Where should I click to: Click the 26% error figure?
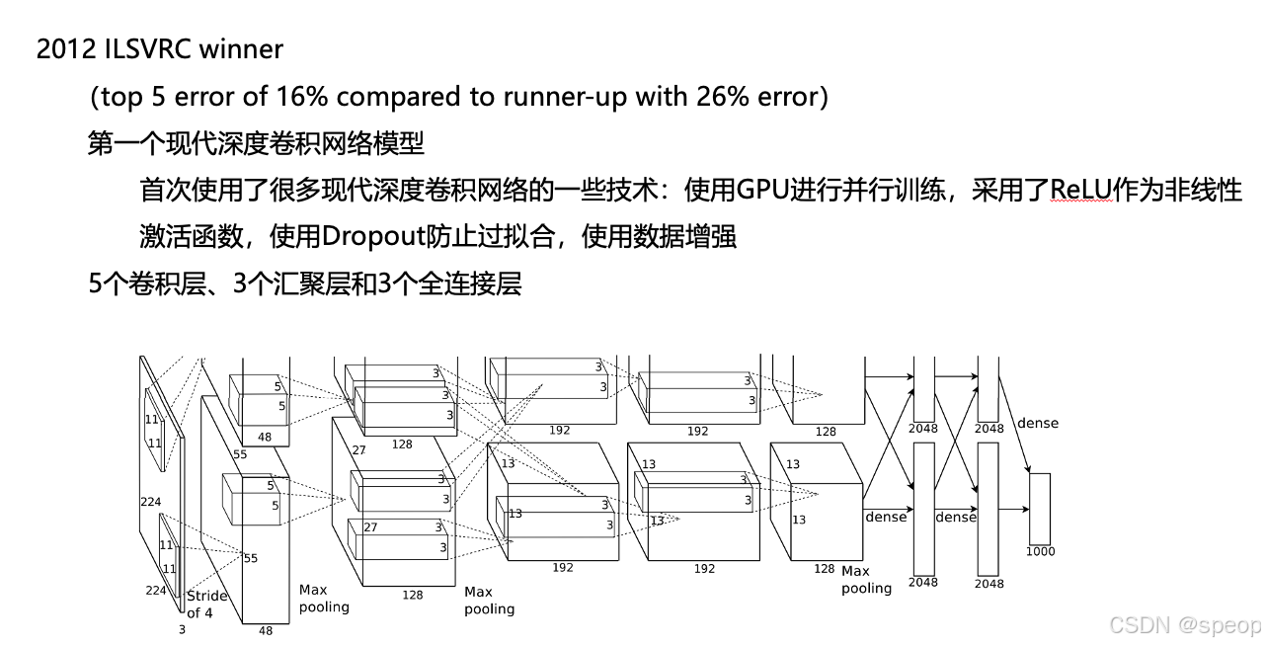click(720, 97)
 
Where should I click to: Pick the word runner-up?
click(567, 97)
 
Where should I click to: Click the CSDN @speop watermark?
click(1184, 625)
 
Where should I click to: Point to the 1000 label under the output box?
click(1040, 551)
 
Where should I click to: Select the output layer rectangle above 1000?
click(1040, 509)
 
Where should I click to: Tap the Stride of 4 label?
click(206, 604)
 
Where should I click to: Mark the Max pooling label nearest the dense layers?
click(866, 580)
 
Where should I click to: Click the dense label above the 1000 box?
click(1037, 423)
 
